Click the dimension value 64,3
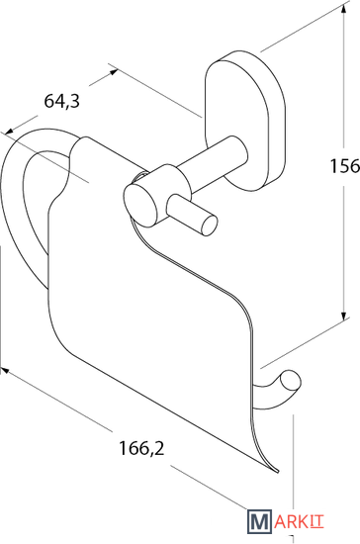pyautogui.click(x=61, y=101)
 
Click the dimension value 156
pyautogui.click(x=345, y=166)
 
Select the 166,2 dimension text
pyautogui.click(x=141, y=448)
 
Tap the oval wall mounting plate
pyautogui.click(x=244, y=120)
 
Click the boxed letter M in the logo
pyautogui.click(x=259, y=521)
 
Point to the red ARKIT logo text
pyautogui.click(x=299, y=522)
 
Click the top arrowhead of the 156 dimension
pyautogui.click(x=343, y=8)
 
